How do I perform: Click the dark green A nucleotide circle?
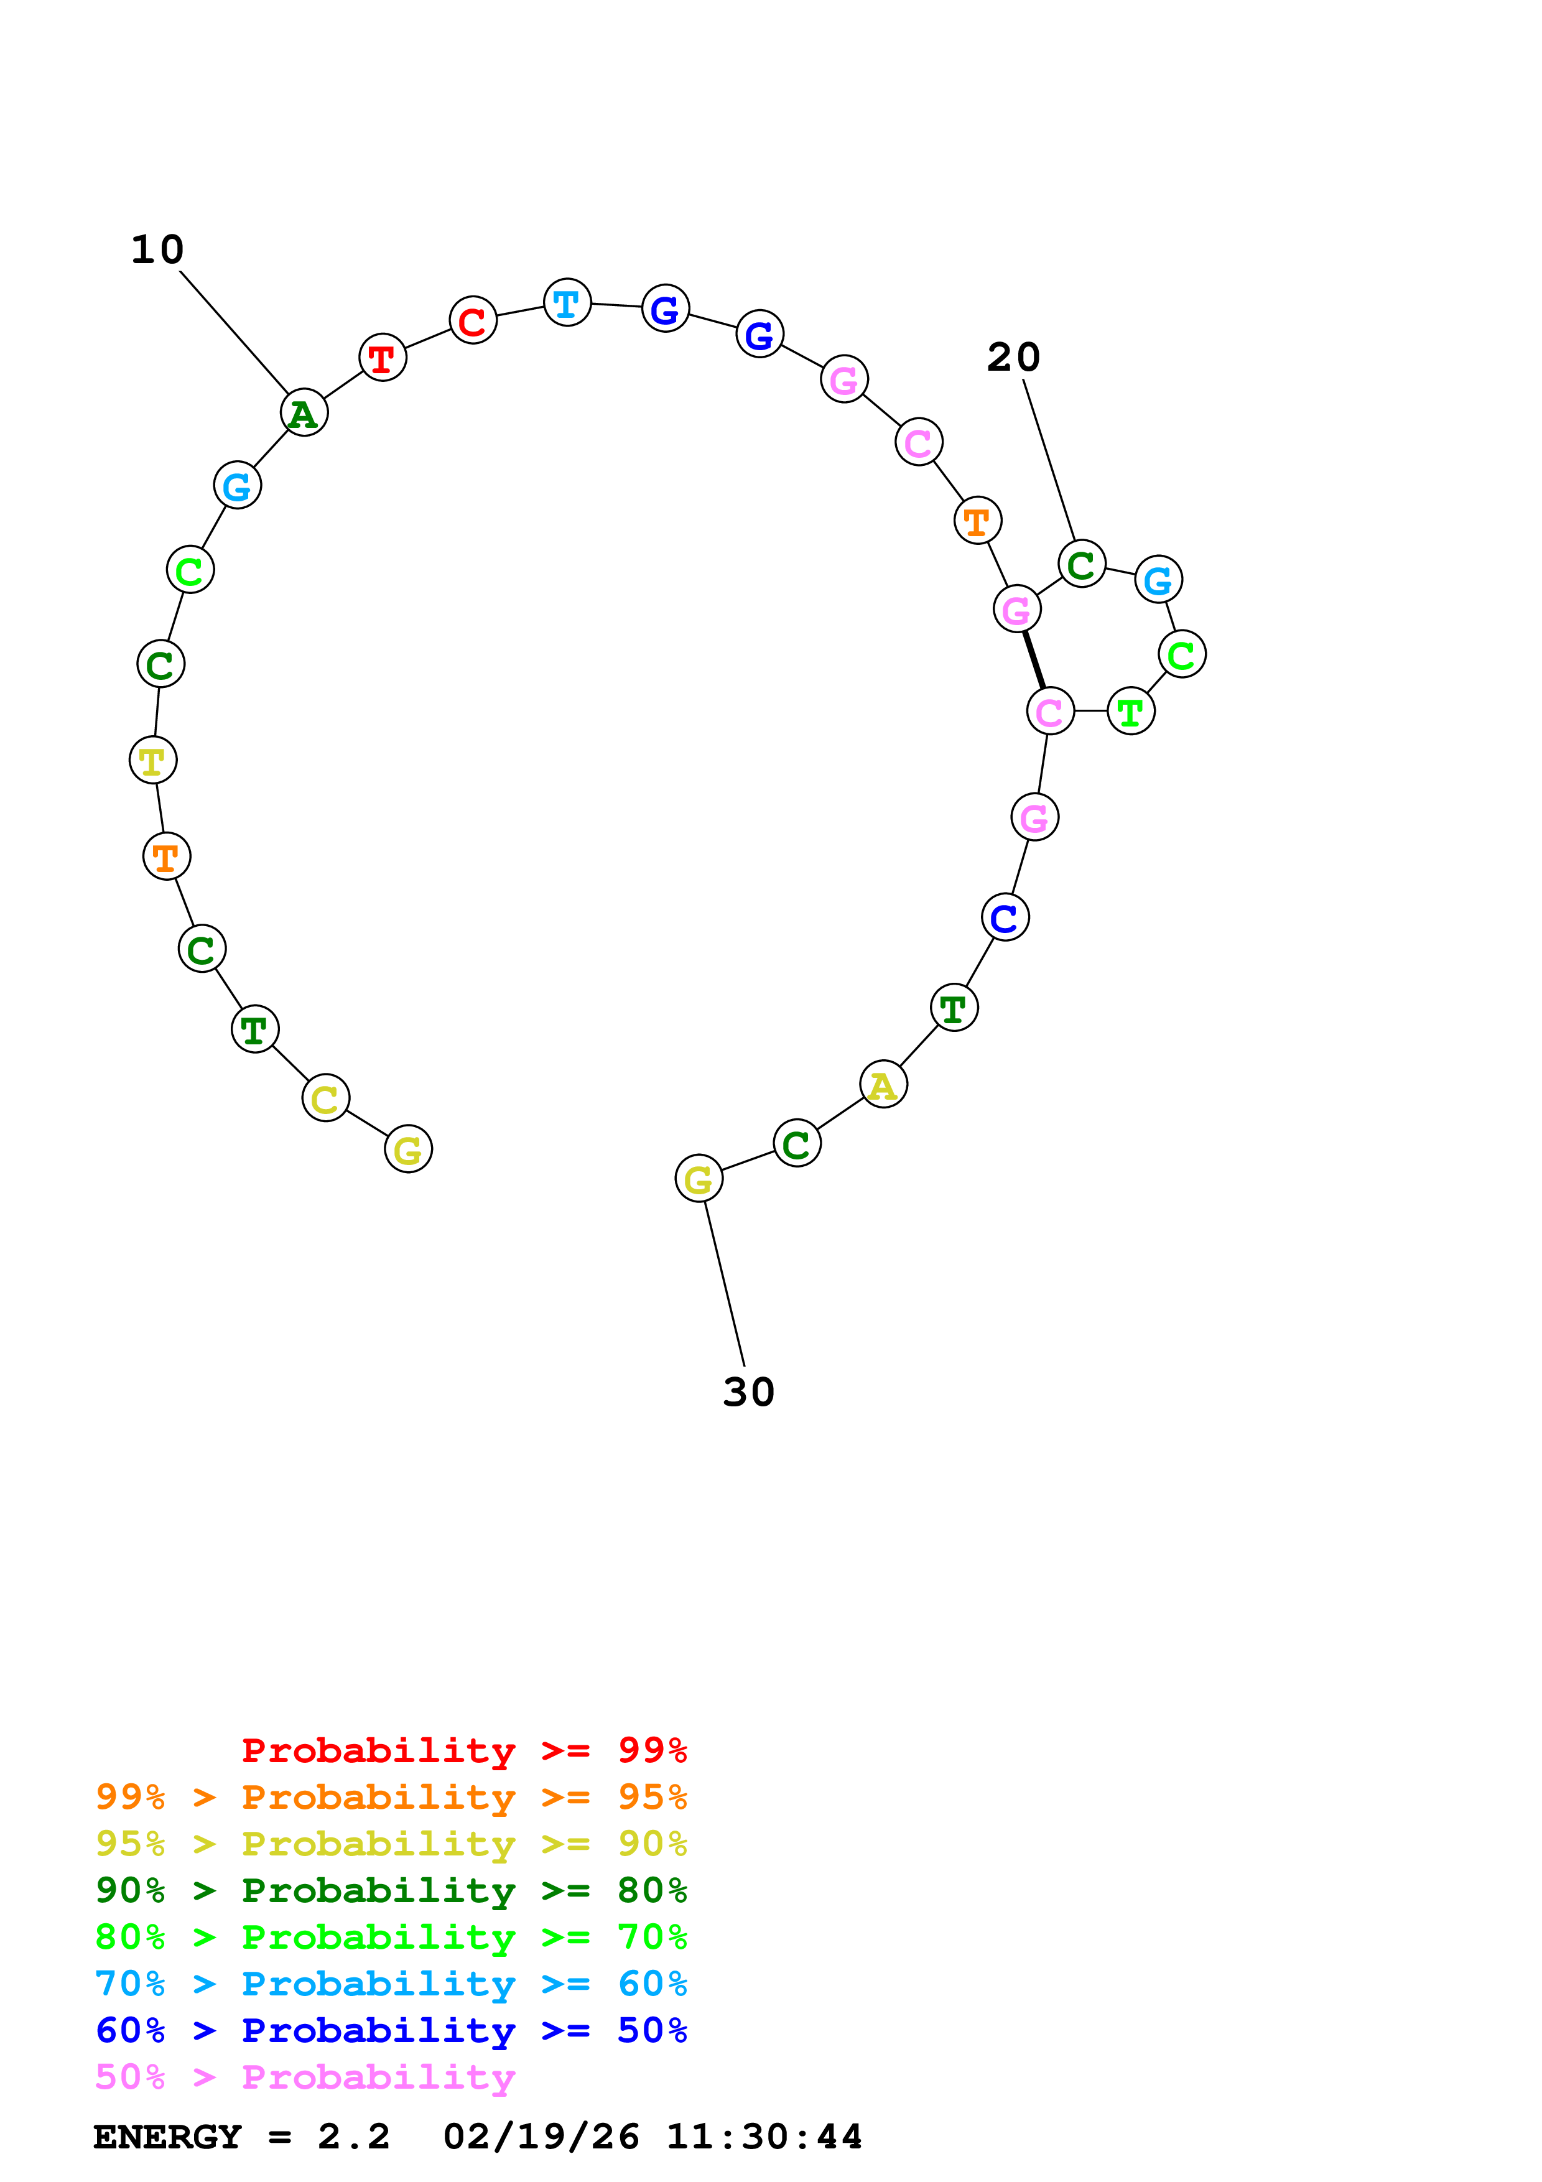304,412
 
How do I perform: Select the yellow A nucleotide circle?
883,1084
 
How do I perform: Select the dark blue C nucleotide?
1004,917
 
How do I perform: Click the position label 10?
157,250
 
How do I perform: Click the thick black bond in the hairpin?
1034,659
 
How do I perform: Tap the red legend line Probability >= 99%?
463,1750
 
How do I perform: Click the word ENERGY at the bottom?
167,2137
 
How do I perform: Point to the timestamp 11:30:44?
764,2137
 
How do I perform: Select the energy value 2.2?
353,2137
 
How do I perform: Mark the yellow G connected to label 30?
699,1179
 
